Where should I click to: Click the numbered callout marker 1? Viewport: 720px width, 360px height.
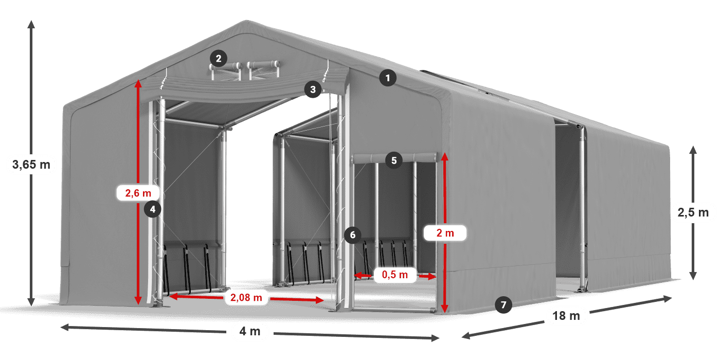point(388,78)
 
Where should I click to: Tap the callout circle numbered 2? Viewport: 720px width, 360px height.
point(219,58)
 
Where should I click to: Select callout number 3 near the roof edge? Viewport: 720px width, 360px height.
point(312,89)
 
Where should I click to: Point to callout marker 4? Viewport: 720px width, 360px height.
point(153,209)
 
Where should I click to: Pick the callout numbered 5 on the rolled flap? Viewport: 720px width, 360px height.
point(393,160)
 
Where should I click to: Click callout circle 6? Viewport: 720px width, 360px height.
point(352,235)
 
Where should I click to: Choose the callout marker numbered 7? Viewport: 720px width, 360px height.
point(503,304)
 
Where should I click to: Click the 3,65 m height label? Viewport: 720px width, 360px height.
point(31,165)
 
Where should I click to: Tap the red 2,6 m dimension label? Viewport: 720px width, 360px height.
point(138,193)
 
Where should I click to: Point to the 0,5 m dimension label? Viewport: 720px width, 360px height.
point(394,275)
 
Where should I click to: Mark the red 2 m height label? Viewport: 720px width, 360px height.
point(445,233)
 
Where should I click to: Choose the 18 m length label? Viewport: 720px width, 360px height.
point(566,316)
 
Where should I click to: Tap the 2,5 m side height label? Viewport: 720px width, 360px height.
point(694,212)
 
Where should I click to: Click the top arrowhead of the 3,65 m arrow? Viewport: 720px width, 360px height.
point(31,23)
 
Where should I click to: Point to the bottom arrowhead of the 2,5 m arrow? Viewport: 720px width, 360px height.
point(693,277)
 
